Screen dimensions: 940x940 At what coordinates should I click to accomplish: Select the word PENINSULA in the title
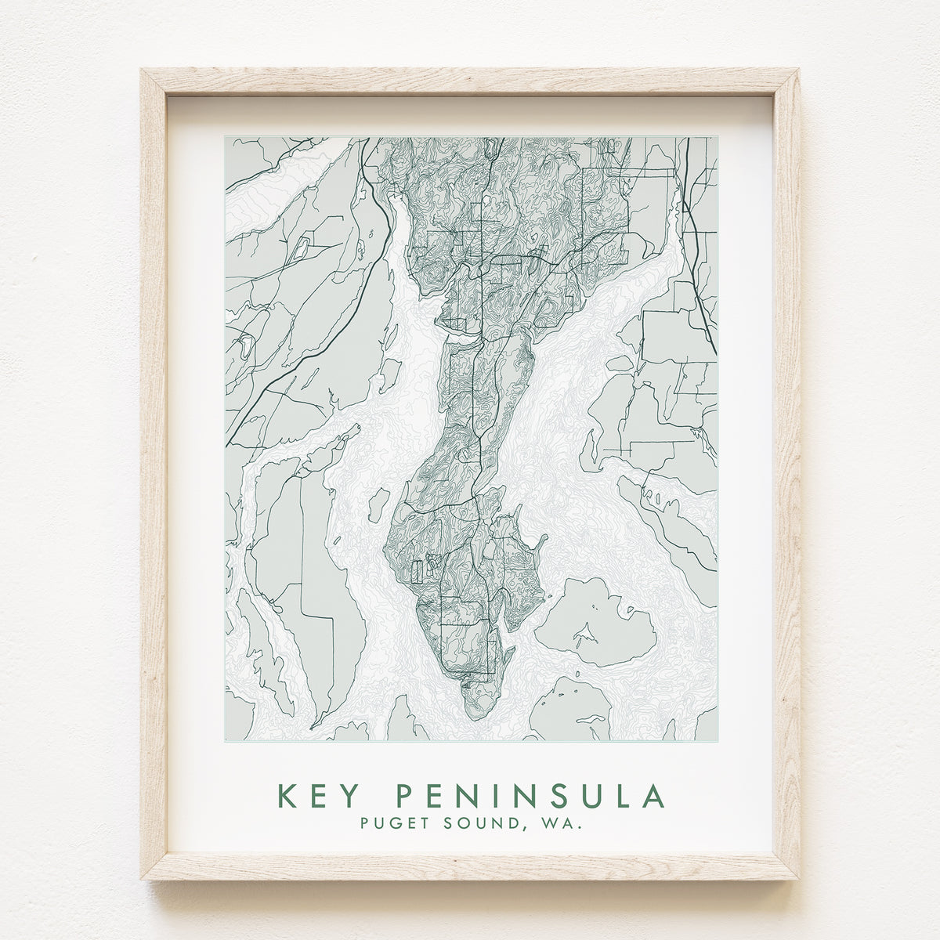[530, 796]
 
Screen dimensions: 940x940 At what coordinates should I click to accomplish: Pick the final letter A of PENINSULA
[652, 796]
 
